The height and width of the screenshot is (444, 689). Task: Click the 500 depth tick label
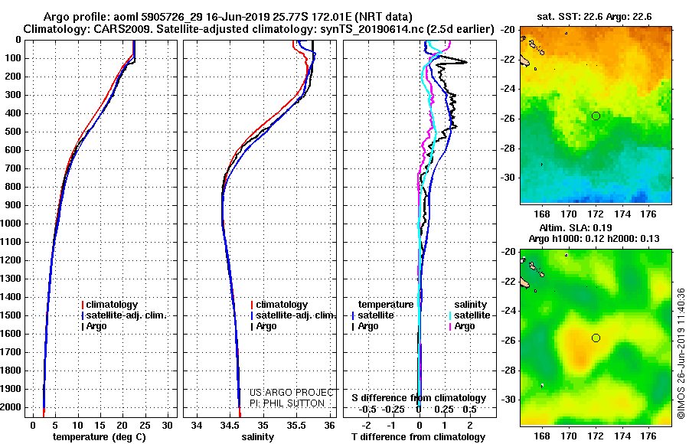pos(13,132)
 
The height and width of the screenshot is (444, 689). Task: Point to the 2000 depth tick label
pos(11,407)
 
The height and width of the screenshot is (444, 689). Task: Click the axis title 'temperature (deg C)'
pos(100,437)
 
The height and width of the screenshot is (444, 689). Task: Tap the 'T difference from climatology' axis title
pos(418,437)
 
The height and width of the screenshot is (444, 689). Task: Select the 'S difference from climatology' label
pos(419,398)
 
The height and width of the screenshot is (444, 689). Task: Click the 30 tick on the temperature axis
pos(167,426)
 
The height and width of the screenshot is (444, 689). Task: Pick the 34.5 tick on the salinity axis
pos(230,426)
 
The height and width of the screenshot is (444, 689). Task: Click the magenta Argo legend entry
pos(465,326)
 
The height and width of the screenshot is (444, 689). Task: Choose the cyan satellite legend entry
pos(472,315)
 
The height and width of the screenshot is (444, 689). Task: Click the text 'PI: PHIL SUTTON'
pos(287,403)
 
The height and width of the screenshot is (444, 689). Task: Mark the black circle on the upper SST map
pos(596,116)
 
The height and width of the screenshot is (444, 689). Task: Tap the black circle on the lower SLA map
pos(596,338)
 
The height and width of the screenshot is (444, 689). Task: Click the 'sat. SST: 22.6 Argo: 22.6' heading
pos(595,17)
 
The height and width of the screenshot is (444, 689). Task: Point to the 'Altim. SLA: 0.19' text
pos(576,227)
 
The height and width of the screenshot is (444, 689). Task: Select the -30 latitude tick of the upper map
pos(508,178)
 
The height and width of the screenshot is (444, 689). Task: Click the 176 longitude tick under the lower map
pos(648,436)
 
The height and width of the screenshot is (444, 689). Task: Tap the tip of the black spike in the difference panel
pos(467,62)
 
